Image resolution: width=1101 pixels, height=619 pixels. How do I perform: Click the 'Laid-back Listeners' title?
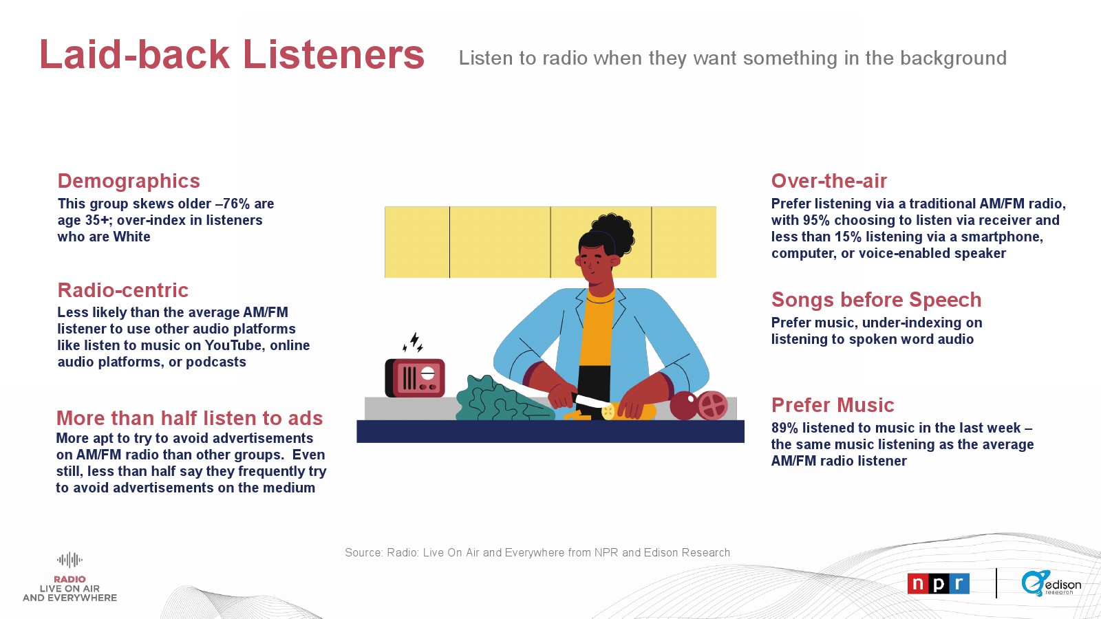pos(231,54)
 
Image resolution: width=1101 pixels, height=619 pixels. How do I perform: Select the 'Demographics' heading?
pos(129,182)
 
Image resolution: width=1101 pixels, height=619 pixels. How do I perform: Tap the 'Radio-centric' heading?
pos(123,290)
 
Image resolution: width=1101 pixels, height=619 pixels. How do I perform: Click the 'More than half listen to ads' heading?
pos(189,418)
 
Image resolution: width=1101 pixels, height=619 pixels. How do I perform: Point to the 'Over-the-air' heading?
pos(829,181)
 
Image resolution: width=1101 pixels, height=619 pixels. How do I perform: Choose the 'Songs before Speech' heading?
pos(877,300)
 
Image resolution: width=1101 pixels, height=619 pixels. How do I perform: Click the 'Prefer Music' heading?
pos(833,405)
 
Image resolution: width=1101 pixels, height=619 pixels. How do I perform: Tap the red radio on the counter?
pos(415,378)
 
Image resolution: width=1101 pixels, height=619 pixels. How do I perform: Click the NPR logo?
pos(939,584)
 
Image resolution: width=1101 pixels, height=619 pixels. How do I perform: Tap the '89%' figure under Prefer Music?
pos(784,428)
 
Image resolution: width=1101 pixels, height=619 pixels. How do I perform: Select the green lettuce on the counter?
pos(502,399)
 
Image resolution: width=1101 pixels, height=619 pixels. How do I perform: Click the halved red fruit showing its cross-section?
pos(712,405)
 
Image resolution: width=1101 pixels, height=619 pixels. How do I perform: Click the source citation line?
pos(537,553)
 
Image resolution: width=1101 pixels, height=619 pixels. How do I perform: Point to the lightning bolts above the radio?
pos(413,342)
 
